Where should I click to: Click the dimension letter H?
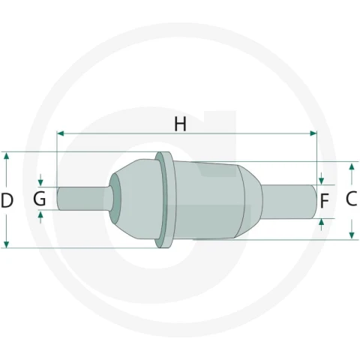pos(180,124)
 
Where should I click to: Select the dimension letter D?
pos(7,200)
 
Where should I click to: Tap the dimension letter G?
pos(40,199)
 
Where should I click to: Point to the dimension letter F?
pos(324,201)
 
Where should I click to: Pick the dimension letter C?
pos(351,199)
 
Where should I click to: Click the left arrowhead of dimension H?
pos(60,133)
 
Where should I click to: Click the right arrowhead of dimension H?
pos(313,133)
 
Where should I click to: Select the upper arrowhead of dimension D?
pos(7,156)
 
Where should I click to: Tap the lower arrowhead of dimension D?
pos(7,244)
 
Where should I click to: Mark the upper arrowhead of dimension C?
pos(352,166)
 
